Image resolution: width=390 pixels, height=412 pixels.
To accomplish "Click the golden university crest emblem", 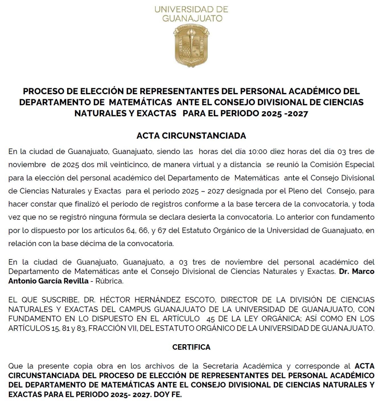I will pyautogui.click(x=191, y=46).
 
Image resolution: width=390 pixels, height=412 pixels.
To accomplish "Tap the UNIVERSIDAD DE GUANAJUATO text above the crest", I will pyautogui.click(x=191, y=14).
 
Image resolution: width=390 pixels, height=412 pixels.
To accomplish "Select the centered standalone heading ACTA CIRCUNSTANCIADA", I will pyautogui.click(x=191, y=136).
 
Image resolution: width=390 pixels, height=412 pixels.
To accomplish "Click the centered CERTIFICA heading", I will pyautogui.click(x=191, y=347).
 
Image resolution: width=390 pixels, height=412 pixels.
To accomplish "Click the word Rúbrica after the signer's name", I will pyautogui.click(x=109, y=281).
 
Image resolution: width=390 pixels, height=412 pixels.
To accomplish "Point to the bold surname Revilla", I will pyautogui.click(x=76, y=281).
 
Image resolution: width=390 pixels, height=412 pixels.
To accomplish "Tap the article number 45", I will pyautogui.click(x=211, y=319).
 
